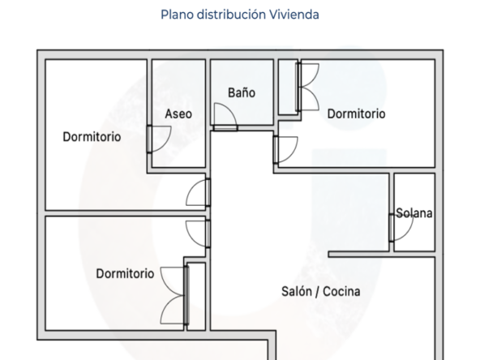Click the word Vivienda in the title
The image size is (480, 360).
(294, 15)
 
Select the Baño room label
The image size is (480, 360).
(242, 92)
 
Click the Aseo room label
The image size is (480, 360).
(178, 114)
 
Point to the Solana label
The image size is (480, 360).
(414, 213)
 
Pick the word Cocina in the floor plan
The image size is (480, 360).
(341, 291)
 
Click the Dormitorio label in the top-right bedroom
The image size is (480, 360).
(356, 114)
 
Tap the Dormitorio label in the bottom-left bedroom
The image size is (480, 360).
(125, 274)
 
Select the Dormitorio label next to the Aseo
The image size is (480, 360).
(92, 137)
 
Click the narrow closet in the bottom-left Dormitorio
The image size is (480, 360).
(196, 296)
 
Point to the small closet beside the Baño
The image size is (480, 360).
(288, 88)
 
